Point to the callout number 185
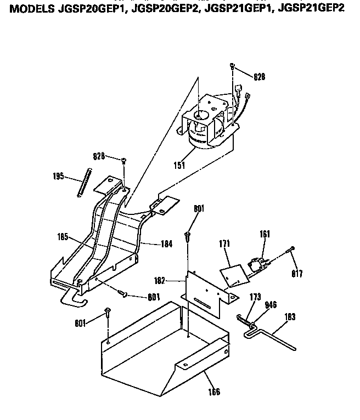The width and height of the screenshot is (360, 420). (x=63, y=237)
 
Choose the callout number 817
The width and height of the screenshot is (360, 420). (x=297, y=274)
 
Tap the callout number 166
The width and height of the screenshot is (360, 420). (x=213, y=391)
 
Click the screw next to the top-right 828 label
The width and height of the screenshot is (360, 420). (x=233, y=66)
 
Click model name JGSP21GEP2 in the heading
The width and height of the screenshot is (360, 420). (x=313, y=9)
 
